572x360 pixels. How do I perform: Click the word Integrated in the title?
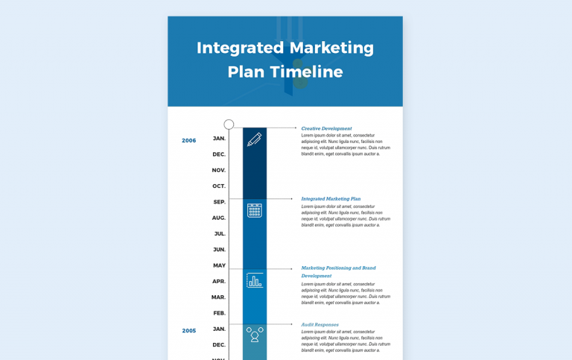[240, 48]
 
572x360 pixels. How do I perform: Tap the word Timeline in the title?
[306, 72]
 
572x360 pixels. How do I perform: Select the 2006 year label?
[189, 140]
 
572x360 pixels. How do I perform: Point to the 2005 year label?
[189, 330]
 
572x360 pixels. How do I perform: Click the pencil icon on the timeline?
[255, 139]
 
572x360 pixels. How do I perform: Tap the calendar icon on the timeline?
[255, 210]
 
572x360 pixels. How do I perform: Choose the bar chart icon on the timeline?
[255, 280]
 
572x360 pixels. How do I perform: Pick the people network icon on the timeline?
[255, 335]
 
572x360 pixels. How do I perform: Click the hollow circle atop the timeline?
[229, 124]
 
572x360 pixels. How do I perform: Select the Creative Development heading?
[326, 128]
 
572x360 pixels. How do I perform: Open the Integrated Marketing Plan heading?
[331, 199]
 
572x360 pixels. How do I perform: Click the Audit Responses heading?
[320, 325]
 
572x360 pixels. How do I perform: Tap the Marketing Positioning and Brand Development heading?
[338, 271]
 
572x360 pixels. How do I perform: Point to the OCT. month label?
[219, 186]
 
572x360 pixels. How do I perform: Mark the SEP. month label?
[220, 202]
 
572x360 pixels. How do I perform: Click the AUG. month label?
[219, 218]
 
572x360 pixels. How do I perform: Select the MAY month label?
[220, 265]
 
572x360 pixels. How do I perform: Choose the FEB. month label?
[220, 313]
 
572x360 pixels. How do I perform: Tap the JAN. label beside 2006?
[220, 139]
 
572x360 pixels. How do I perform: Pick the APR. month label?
[219, 281]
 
